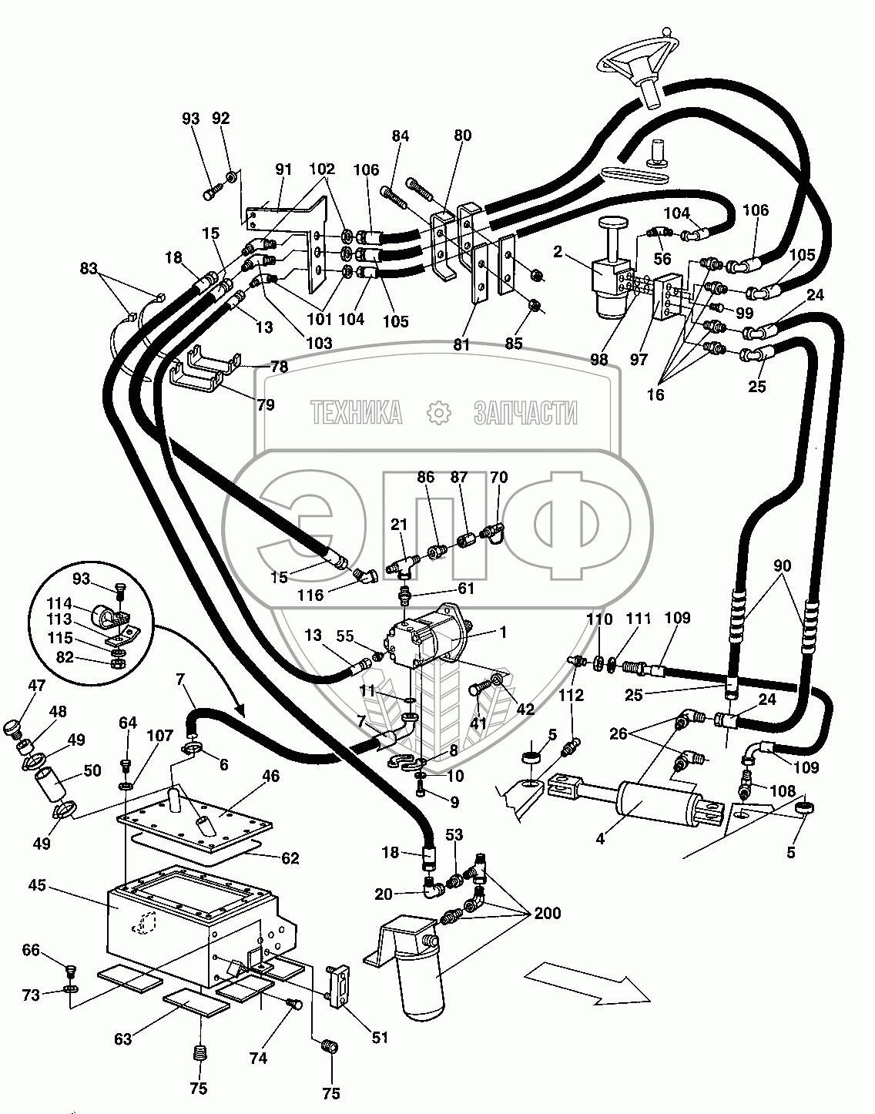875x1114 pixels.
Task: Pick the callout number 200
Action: (548, 914)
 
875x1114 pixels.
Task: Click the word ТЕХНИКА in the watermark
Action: (357, 414)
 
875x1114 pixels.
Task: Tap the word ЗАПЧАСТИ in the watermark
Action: (525, 414)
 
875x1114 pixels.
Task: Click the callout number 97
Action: (639, 359)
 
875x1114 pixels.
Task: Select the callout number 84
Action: (400, 136)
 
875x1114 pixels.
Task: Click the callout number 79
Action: (265, 404)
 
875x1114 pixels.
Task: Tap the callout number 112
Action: (572, 695)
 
